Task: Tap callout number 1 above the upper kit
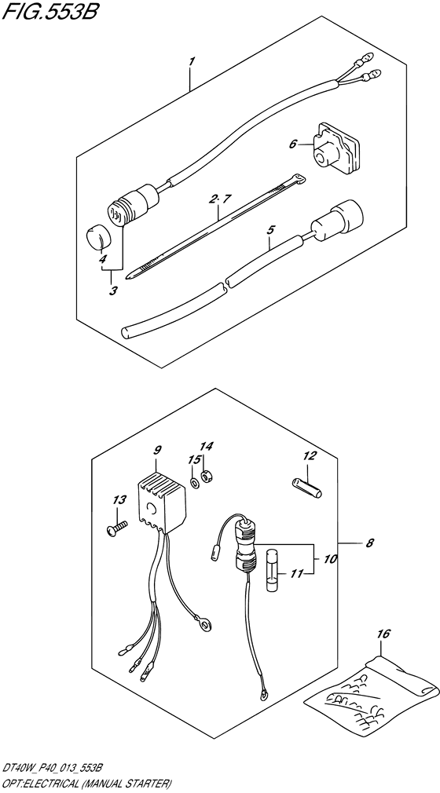[192, 62]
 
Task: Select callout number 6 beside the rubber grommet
[292, 144]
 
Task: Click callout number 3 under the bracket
[113, 291]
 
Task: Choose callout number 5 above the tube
[270, 230]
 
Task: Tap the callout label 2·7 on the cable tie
[220, 199]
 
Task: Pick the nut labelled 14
[206, 476]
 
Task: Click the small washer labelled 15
[194, 481]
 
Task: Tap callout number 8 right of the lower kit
[369, 543]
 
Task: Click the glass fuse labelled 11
[273, 571]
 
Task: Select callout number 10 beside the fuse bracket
[332, 560]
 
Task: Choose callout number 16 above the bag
[384, 634]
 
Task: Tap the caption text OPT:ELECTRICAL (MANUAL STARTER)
[87, 784]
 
